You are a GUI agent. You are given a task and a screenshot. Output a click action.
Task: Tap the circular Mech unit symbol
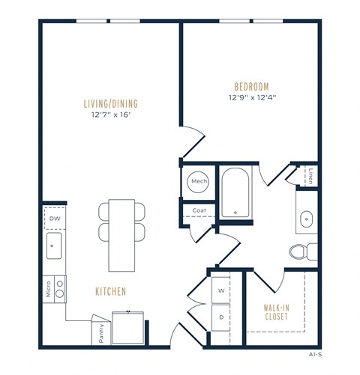[199, 182]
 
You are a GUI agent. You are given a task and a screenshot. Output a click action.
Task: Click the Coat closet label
[198, 211]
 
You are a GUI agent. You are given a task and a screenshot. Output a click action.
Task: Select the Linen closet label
[310, 175]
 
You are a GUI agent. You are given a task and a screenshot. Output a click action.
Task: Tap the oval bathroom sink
[306, 219]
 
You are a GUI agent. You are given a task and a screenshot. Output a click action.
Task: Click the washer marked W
[222, 289]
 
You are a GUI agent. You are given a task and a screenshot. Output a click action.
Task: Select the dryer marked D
[222, 317]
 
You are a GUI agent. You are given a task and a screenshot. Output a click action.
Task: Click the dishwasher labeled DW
[55, 219]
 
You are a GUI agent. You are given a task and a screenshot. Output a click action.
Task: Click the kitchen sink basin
[55, 243]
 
